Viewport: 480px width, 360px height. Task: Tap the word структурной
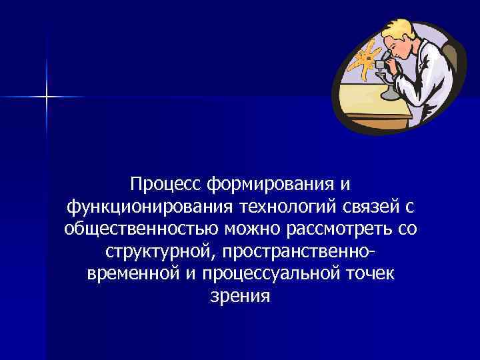[x=160, y=252]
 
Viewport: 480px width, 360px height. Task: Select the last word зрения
[x=240, y=297]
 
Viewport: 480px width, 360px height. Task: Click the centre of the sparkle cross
[x=47, y=97]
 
